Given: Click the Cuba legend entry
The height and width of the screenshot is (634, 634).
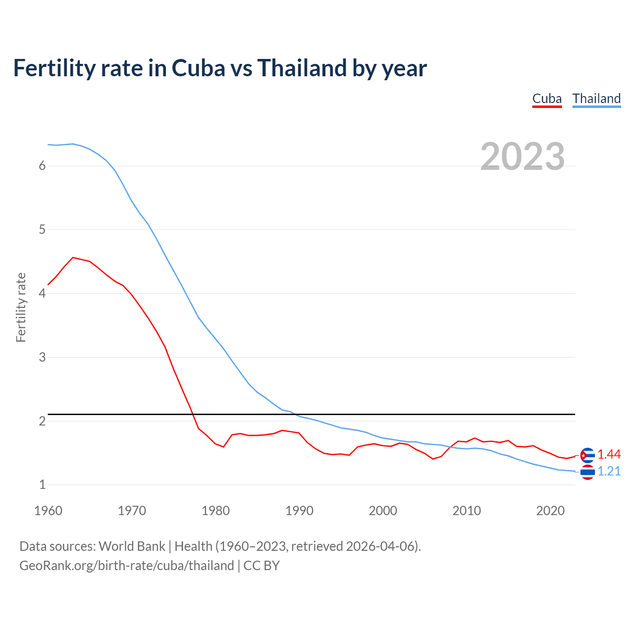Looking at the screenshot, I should [x=547, y=99].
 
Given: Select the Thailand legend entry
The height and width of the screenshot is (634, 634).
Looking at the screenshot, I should [x=596, y=99].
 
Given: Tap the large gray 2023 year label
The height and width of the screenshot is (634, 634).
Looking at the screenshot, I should [x=523, y=157].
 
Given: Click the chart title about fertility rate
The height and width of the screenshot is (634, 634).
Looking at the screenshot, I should [x=220, y=68].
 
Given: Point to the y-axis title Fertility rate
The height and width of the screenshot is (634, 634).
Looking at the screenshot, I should [x=21, y=307].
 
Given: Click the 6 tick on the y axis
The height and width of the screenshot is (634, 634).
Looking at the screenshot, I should [x=42, y=166].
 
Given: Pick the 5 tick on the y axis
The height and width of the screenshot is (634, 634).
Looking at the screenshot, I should [x=42, y=230].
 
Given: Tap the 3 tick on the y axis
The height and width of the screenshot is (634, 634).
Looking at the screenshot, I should [x=42, y=357].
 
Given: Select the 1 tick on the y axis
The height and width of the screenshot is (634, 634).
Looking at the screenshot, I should [x=42, y=485].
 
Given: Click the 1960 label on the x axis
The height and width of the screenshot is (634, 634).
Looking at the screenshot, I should [x=48, y=511].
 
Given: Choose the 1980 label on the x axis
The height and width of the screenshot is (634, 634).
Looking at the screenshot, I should [x=215, y=511].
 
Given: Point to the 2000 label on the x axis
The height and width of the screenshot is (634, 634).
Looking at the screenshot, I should [x=383, y=511].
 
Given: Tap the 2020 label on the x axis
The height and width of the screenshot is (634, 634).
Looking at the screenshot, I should [x=550, y=511].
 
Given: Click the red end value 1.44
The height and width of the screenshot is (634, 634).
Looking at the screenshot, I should [x=609, y=455].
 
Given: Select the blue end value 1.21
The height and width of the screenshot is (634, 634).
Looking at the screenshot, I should [x=609, y=472].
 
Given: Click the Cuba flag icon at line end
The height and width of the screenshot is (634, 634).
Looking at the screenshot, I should [x=587, y=455].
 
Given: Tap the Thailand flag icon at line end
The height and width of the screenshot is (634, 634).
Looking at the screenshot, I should [x=587, y=473].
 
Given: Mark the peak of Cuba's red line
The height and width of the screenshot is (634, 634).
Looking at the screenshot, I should [x=73, y=258].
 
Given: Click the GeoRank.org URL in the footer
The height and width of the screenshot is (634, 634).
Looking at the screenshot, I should [x=126, y=566].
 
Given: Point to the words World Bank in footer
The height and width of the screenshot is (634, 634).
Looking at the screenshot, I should [x=132, y=546].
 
